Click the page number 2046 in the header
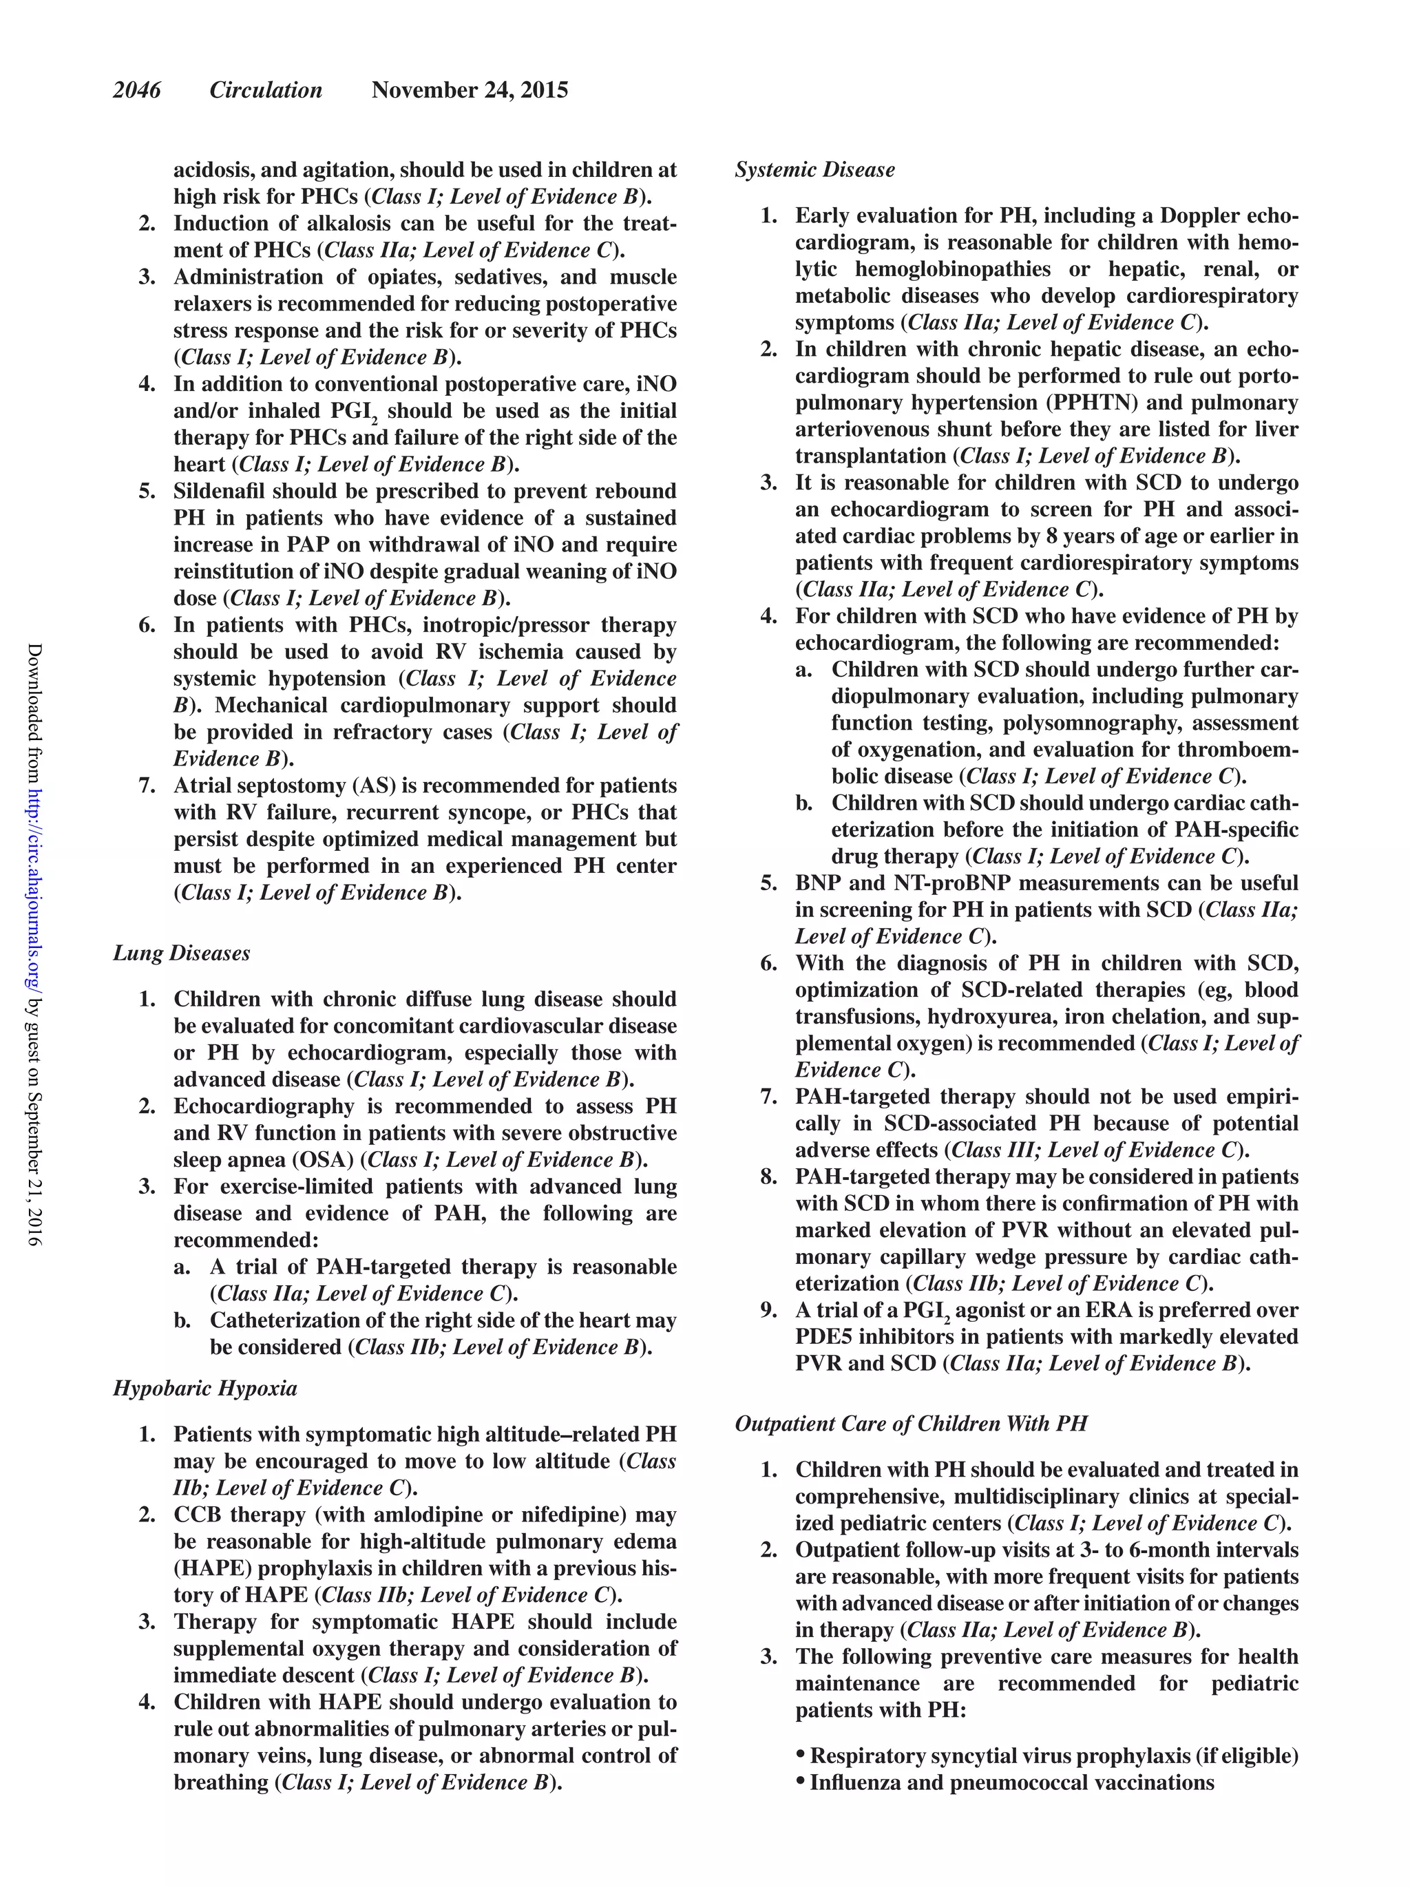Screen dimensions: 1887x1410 pos(136,90)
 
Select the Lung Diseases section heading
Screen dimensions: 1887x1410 pos(181,953)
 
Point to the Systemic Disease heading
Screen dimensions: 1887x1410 pos(814,170)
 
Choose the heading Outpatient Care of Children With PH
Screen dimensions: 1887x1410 pos(911,1424)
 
